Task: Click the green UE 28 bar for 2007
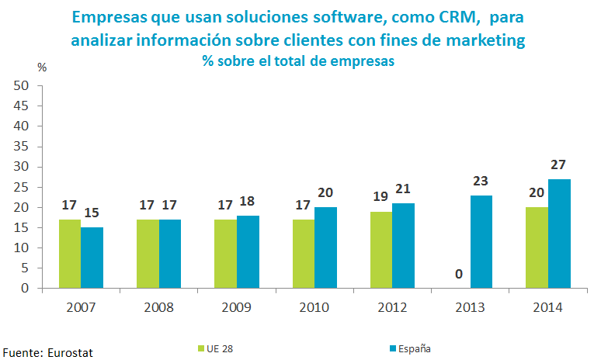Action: point(70,254)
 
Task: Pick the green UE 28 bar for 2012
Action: point(381,250)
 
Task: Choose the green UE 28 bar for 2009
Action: point(225,254)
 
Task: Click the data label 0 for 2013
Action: point(459,275)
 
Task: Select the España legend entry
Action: point(409,348)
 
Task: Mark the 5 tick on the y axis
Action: point(25,268)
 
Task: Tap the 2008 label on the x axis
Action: point(159,307)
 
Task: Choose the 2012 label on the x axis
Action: point(392,307)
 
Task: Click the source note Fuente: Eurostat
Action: point(47,352)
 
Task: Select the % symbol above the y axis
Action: point(42,67)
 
